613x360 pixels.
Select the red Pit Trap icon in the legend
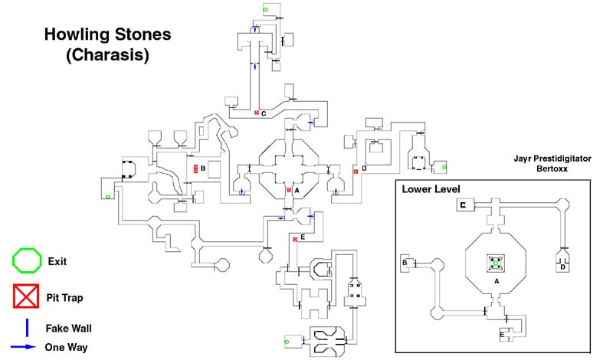(26, 296)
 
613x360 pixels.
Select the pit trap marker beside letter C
(257, 113)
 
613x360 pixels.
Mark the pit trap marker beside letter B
(196, 168)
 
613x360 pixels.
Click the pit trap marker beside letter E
(295, 239)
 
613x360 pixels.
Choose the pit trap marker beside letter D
(356, 172)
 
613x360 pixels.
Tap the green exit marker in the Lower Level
(496, 263)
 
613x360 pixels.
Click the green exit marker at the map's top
(265, 9)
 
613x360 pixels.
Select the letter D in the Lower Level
(562, 267)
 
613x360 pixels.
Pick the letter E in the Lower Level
(502, 334)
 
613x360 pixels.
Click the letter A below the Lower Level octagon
(496, 282)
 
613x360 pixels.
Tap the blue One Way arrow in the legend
(26, 346)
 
